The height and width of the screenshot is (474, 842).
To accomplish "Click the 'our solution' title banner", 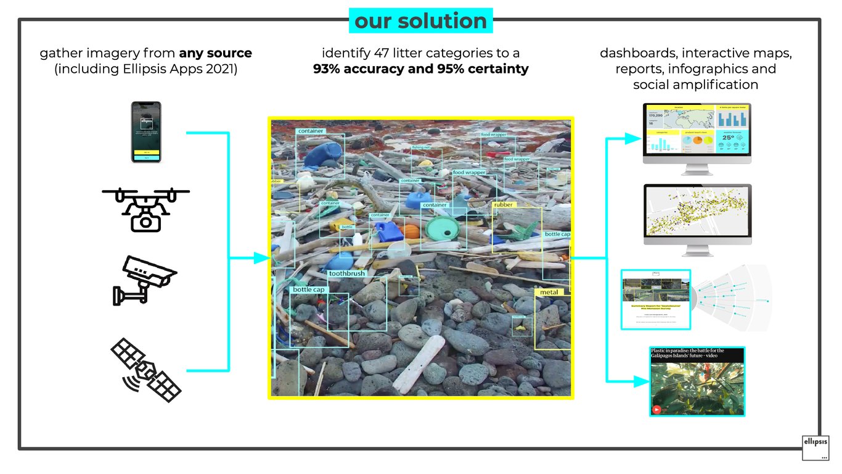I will click(421, 21).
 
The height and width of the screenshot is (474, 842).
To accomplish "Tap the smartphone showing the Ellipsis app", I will click(146, 132).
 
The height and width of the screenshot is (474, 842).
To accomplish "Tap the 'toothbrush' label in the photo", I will click(346, 273).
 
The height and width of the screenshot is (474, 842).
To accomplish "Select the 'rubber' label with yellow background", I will click(502, 204).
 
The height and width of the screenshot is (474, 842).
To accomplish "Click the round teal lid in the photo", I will click(443, 228).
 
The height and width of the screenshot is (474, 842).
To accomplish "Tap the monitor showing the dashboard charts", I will click(697, 132).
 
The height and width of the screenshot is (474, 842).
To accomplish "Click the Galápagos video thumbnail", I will click(697, 381).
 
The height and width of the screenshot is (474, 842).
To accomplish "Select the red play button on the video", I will click(656, 409).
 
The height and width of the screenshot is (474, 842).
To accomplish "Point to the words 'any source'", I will click(215, 53).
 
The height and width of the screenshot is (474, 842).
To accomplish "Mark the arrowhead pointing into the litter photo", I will click(263, 258).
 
